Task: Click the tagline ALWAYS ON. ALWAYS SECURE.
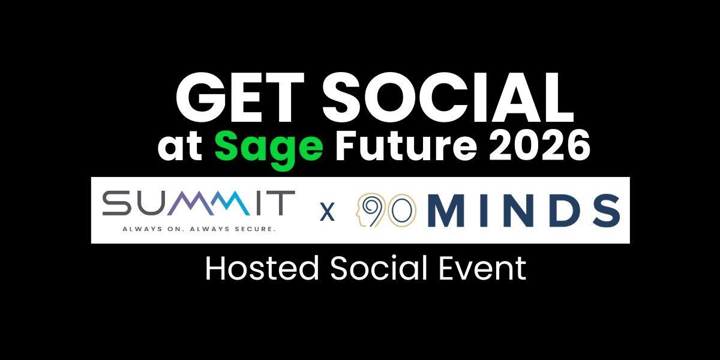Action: [198, 229]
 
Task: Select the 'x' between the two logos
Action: [327, 212]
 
